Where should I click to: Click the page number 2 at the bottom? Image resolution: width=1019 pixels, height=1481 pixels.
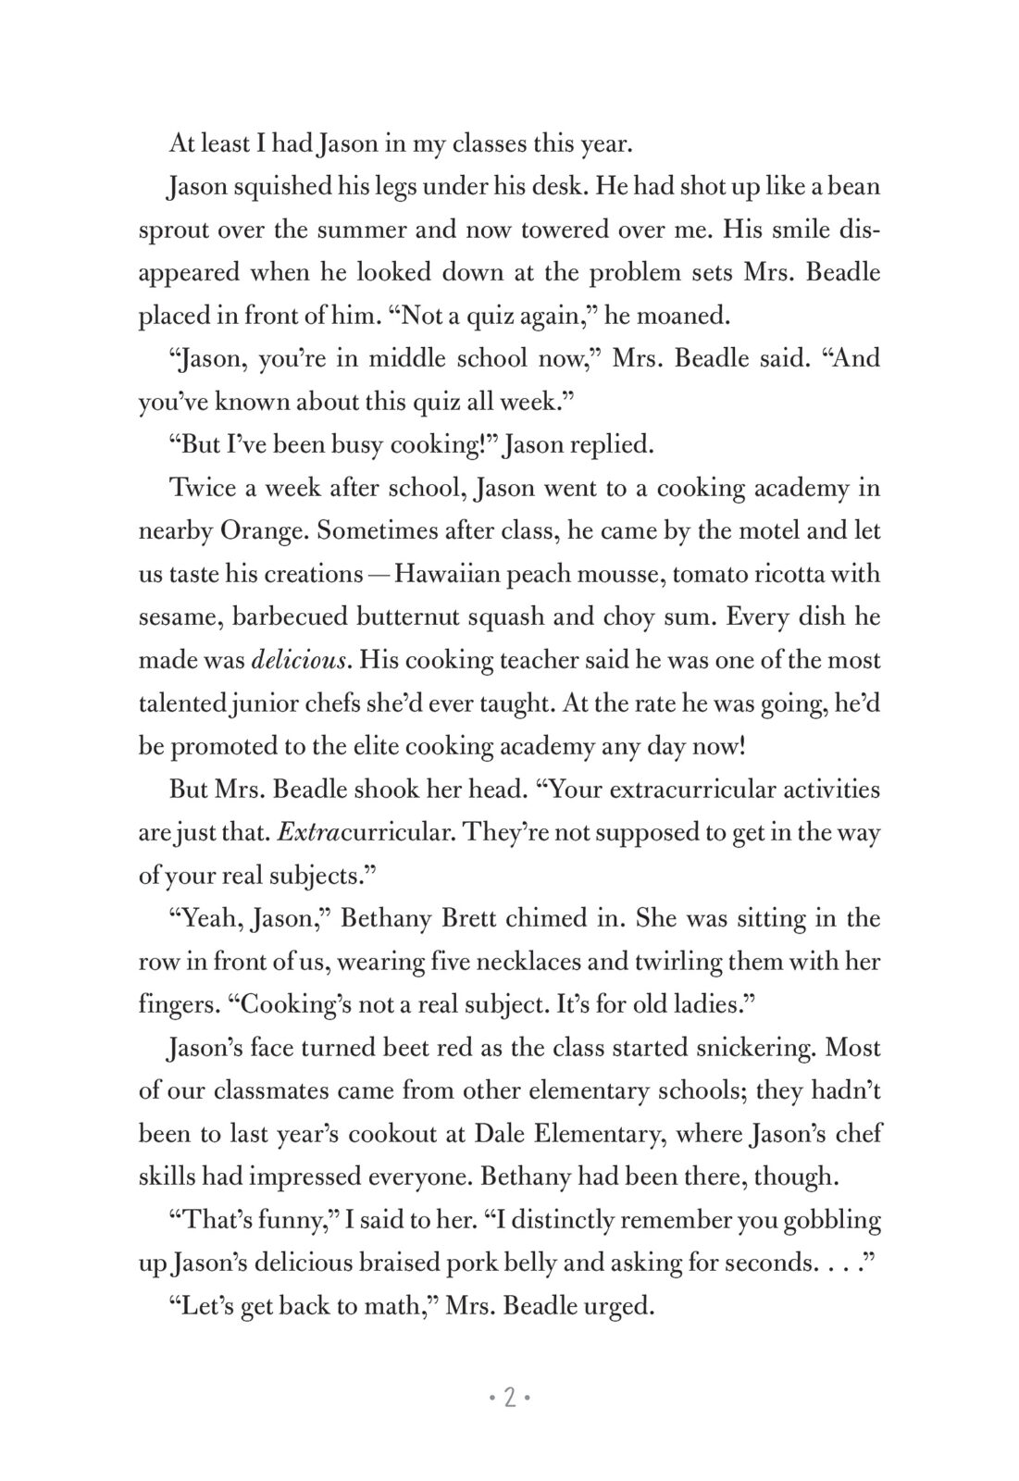(509, 1398)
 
